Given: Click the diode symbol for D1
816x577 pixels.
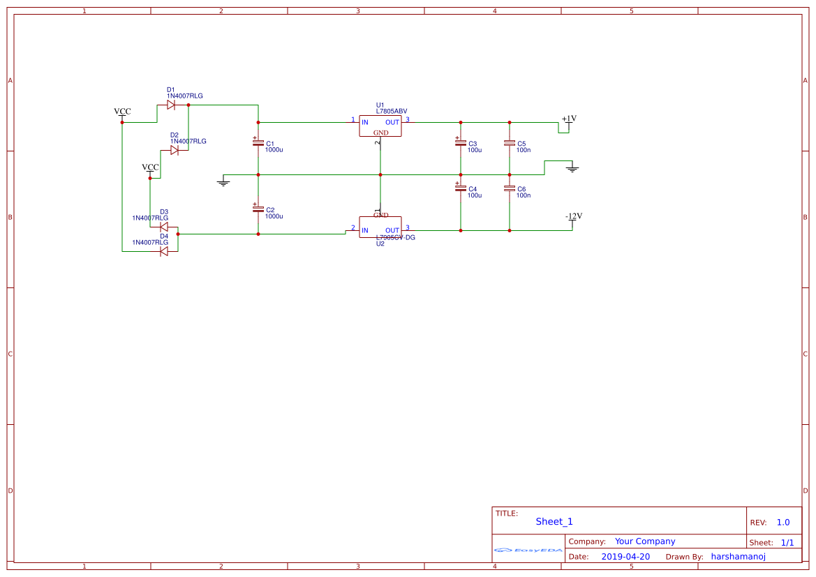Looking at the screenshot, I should [x=171, y=105].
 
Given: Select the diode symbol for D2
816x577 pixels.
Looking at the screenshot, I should [x=175, y=150].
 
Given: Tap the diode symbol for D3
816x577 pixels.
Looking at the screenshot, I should [x=164, y=227].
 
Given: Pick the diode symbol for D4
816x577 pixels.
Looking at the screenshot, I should [x=164, y=251].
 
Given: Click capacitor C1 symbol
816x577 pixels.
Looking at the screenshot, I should [x=258, y=142].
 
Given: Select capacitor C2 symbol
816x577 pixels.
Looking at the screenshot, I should [x=258, y=209].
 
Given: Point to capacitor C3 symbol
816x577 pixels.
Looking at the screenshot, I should [x=460, y=142].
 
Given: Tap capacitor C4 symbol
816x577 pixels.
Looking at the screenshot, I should [x=460, y=188].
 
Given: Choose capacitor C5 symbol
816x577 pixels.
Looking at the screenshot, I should [x=509, y=142].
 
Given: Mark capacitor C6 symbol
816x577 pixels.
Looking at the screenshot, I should [x=509, y=188].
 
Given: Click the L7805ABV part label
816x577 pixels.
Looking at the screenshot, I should [x=391, y=112].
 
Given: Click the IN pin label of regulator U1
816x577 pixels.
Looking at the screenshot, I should [x=364, y=122].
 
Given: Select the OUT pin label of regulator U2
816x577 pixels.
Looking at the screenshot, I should [x=392, y=230].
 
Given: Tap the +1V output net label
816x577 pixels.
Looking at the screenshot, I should [x=569, y=119].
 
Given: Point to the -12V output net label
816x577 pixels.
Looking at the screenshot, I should [x=573, y=216].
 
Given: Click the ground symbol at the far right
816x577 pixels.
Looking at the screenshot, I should [x=572, y=168].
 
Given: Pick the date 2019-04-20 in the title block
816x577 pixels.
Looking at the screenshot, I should [x=625, y=557].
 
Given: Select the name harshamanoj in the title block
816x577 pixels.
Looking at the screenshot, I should [x=738, y=557].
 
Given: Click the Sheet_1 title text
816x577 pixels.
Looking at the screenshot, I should [x=554, y=521].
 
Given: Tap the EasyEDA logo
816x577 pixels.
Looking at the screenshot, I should [x=528, y=550].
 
